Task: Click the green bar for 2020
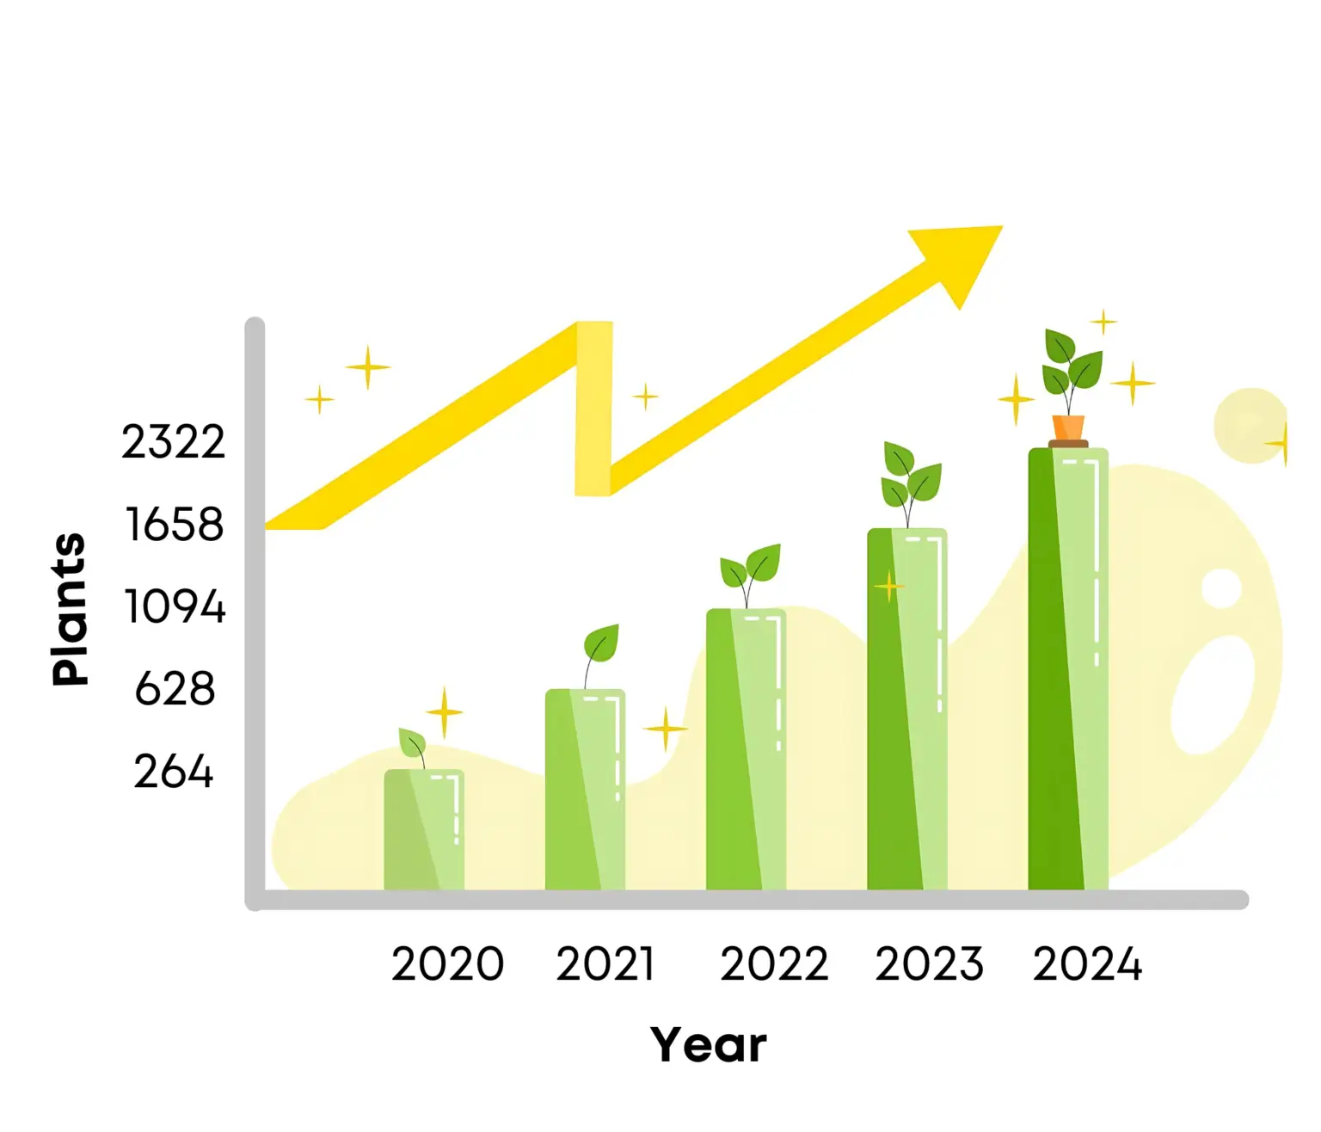pos(424,830)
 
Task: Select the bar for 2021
pos(585,790)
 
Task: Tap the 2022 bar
pos(746,749)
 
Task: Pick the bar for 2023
pos(906,709)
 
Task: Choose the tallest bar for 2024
pos(1068,668)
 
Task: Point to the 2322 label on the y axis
pos(173,442)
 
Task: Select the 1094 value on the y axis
pos(175,606)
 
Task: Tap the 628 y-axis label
pos(175,689)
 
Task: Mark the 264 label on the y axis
pos(173,772)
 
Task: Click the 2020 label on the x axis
pos(447,963)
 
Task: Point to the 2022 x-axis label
pos(774,963)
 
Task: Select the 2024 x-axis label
pos(1087,963)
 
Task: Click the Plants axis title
pos(69,609)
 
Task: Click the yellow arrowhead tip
pos(1002,226)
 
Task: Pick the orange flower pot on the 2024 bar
pos(1068,428)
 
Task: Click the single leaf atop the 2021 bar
pos(601,643)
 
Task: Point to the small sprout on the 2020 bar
pos(412,745)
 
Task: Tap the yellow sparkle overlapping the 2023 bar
pos(889,586)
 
